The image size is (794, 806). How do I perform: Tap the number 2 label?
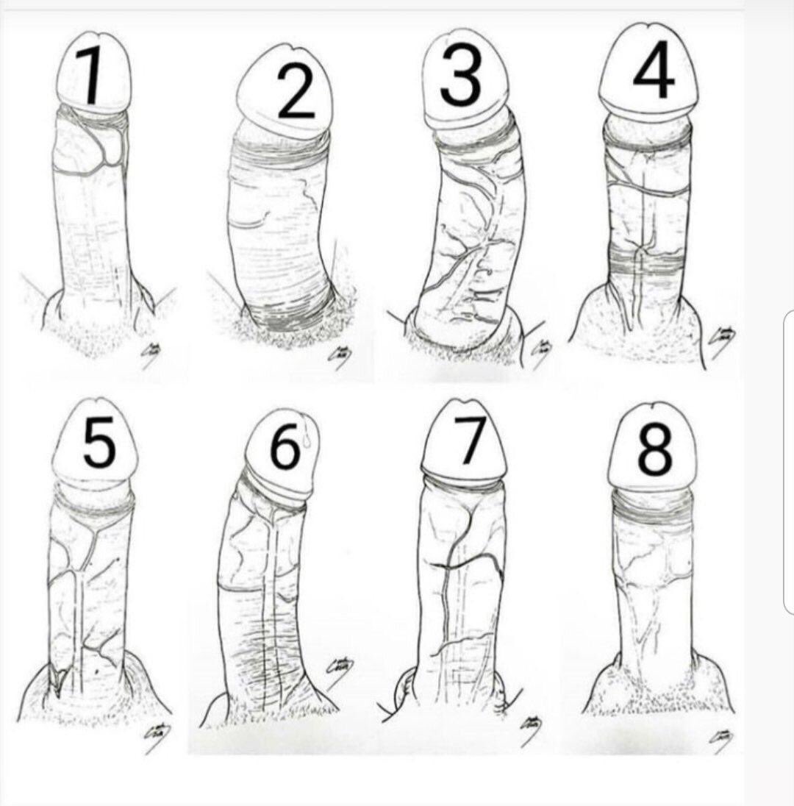coord(296,92)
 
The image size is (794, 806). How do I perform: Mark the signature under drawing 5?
coord(156,736)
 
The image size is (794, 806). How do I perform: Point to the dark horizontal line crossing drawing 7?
coord(467,563)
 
